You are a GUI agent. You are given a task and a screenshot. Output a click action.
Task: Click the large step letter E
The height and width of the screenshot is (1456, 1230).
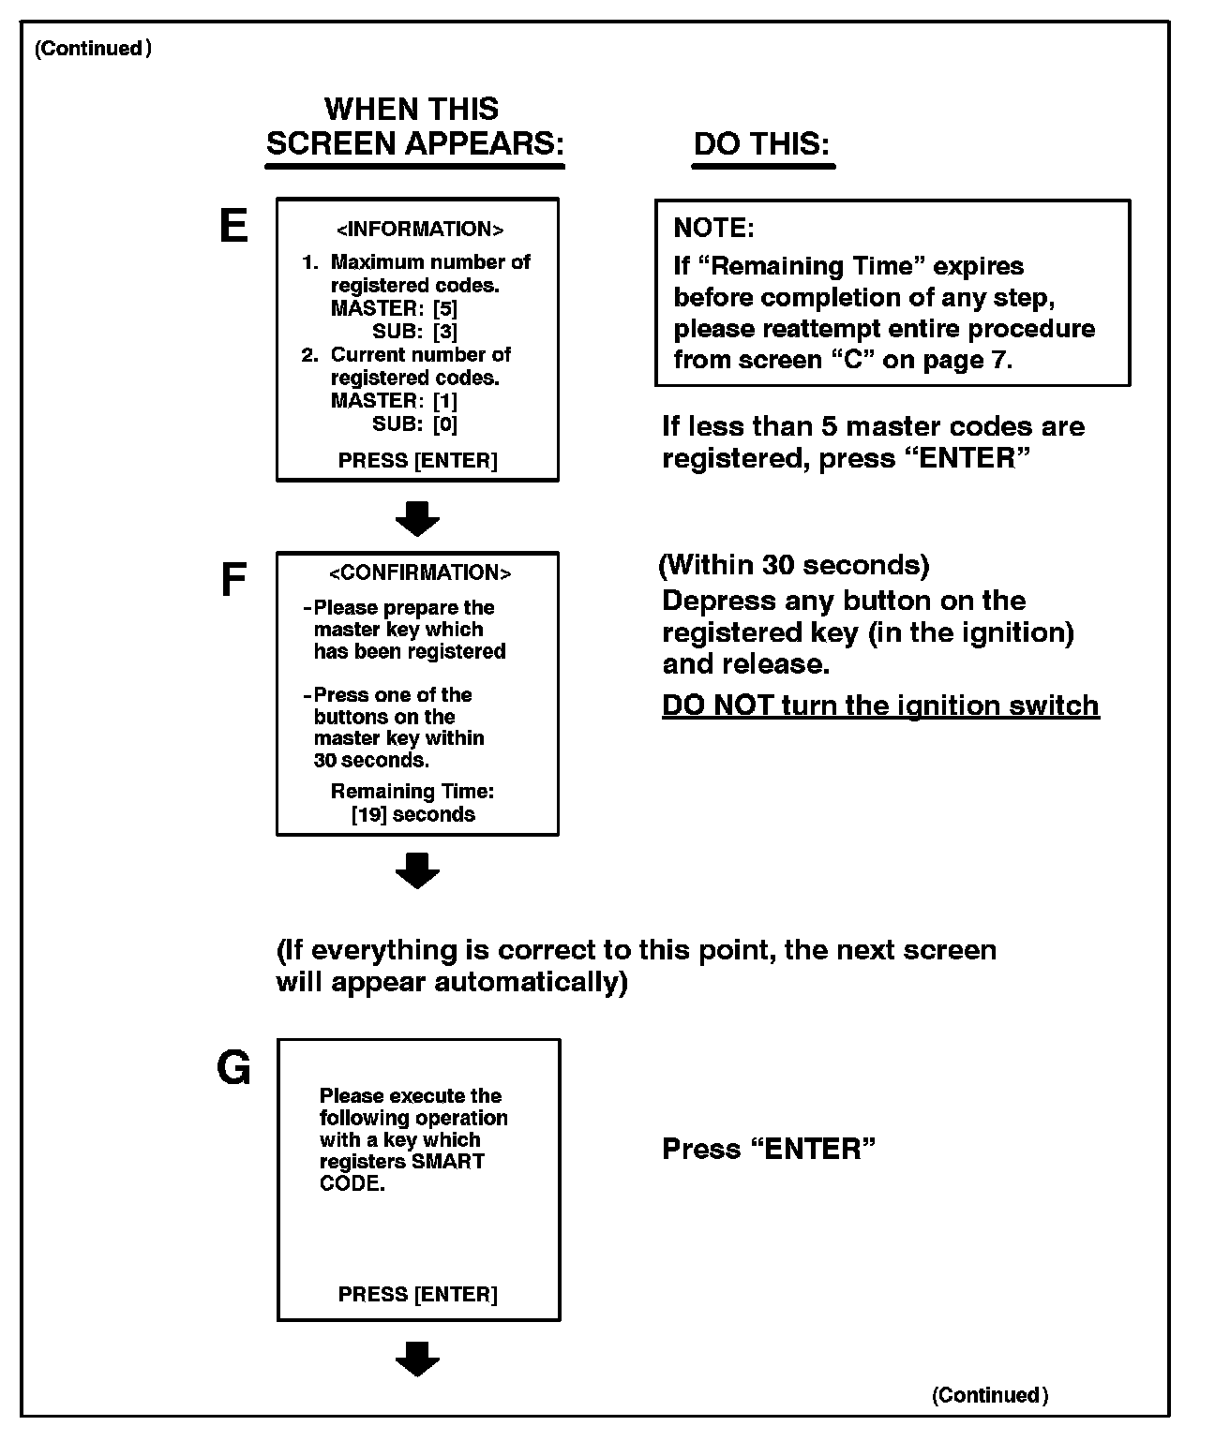click(232, 226)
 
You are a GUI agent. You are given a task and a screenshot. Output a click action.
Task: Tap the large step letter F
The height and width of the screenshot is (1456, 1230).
click(232, 581)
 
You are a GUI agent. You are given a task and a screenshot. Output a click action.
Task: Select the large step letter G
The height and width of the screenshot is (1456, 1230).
click(233, 1067)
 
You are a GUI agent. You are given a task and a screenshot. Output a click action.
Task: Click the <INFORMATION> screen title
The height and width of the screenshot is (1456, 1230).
click(419, 230)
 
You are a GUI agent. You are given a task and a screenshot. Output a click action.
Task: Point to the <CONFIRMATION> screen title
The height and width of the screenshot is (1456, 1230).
click(419, 572)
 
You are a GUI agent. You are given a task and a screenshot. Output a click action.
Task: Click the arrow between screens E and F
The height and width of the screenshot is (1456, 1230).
click(417, 518)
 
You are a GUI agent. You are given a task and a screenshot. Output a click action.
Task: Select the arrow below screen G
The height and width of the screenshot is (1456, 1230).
click(417, 1359)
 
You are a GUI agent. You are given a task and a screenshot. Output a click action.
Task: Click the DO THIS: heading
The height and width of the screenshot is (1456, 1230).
click(761, 144)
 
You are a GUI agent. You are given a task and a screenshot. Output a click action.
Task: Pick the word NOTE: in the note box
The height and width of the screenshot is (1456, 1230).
click(713, 228)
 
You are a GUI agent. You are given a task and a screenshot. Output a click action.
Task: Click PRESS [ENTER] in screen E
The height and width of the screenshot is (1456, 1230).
click(417, 460)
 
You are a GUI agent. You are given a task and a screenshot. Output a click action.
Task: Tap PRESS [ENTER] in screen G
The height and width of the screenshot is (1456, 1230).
click(417, 1294)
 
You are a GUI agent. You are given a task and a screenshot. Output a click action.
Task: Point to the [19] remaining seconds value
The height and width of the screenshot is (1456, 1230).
click(368, 814)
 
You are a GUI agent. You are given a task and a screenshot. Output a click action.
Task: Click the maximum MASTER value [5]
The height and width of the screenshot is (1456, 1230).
click(445, 308)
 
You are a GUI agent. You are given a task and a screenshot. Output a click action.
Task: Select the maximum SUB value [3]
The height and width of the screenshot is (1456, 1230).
click(445, 331)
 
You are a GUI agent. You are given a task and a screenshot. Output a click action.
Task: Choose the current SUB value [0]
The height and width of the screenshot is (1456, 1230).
click(445, 423)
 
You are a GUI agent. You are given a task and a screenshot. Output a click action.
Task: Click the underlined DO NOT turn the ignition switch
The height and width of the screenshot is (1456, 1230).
click(879, 705)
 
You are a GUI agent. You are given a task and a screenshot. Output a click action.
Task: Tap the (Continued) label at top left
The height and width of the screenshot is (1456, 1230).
click(93, 49)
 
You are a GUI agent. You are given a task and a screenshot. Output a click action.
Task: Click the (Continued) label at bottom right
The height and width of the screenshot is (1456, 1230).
click(989, 1395)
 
